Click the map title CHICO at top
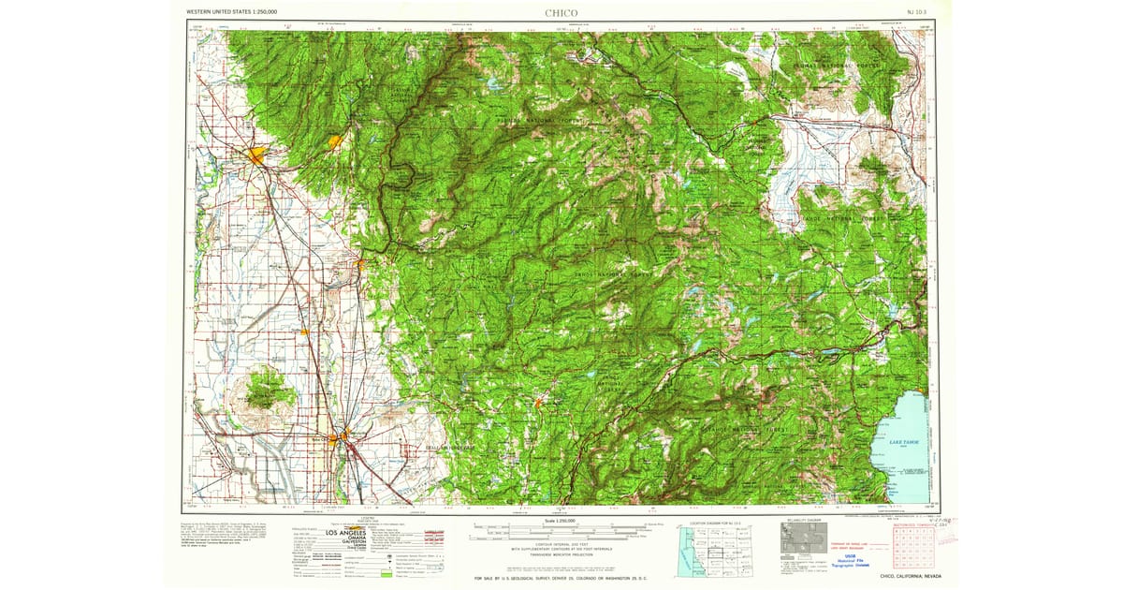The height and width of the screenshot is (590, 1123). point(561,13)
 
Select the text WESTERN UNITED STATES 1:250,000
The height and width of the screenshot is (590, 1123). point(231,13)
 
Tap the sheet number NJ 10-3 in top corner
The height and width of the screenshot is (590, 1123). point(918,13)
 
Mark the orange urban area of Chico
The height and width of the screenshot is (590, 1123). point(256,155)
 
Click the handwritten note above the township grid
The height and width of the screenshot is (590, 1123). point(922,521)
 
